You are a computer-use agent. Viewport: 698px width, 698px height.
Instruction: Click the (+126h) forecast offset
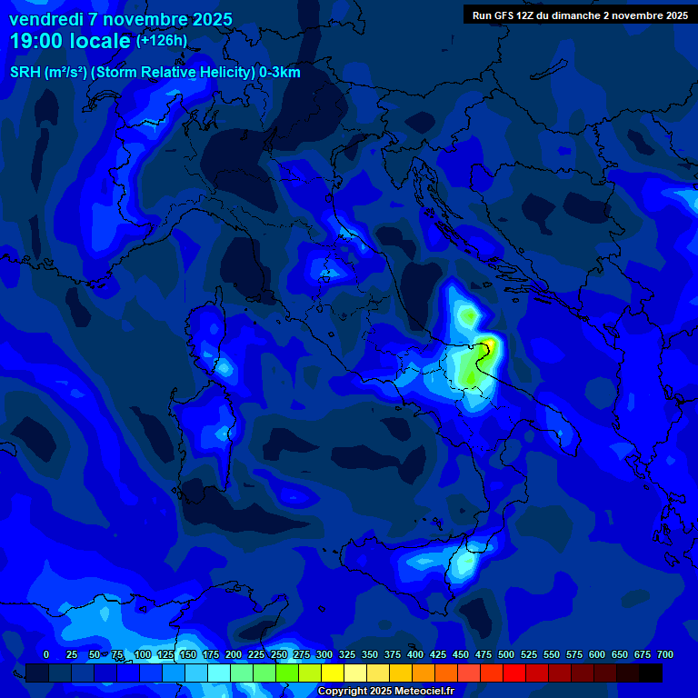162,41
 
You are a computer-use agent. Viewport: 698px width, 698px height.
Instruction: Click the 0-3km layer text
279,73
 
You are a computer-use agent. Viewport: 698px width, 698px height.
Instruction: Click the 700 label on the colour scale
665,654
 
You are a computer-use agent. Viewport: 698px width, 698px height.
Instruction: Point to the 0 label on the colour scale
46,654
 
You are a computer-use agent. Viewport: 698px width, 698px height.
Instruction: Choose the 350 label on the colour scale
370,654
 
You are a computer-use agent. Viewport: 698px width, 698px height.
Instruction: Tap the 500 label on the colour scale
506,654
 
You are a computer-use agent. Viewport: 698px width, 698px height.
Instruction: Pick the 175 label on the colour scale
211,654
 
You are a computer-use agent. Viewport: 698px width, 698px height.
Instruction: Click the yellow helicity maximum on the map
490,345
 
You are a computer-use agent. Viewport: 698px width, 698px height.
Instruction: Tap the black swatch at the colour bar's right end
651,673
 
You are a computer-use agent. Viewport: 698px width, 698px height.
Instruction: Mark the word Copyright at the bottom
342,692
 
